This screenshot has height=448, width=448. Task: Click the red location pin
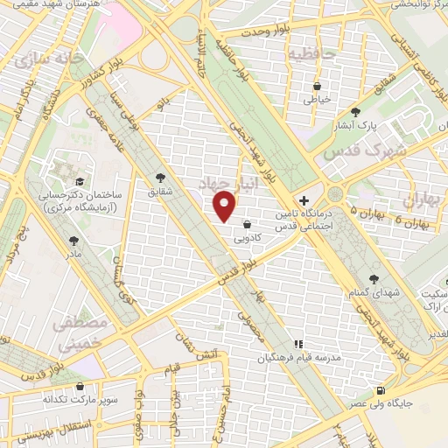(226, 207)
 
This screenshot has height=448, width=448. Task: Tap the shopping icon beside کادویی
(248, 224)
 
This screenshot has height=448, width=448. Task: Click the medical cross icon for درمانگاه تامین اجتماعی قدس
(304, 200)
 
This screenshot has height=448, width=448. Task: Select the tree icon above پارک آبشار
(355, 112)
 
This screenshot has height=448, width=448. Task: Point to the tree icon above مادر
(74, 238)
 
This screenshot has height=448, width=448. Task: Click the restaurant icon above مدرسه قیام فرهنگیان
(297, 344)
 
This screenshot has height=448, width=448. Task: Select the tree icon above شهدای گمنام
(374, 278)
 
